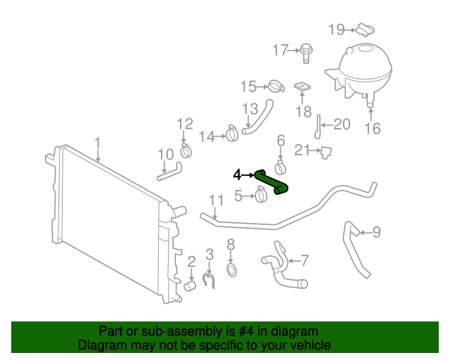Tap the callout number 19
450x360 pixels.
click(337, 29)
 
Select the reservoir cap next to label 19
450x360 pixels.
click(363, 30)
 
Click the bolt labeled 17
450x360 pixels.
click(307, 50)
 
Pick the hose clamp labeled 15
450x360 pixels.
click(275, 87)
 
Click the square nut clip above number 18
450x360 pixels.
click(302, 87)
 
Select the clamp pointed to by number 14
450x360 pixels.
click(232, 132)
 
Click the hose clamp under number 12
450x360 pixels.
click(186, 150)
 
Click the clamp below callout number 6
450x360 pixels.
click(281, 167)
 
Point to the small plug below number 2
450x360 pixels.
click(190, 286)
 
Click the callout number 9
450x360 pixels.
click(376, 231)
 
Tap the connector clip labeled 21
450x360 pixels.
click(326, 151)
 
